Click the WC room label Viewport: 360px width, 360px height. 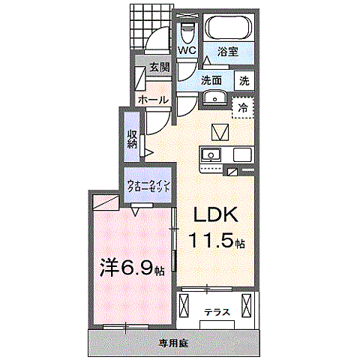point(187,50)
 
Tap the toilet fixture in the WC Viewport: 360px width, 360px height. point(187,31)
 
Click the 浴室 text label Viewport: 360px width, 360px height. point(227,52)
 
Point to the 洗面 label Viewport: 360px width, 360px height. point(211,80)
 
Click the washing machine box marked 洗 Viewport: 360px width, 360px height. point(244,79)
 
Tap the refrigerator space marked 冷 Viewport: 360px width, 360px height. point(243,108)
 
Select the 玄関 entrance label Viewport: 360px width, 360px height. point(158,67)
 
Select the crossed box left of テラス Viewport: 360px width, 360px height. point(186,306)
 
